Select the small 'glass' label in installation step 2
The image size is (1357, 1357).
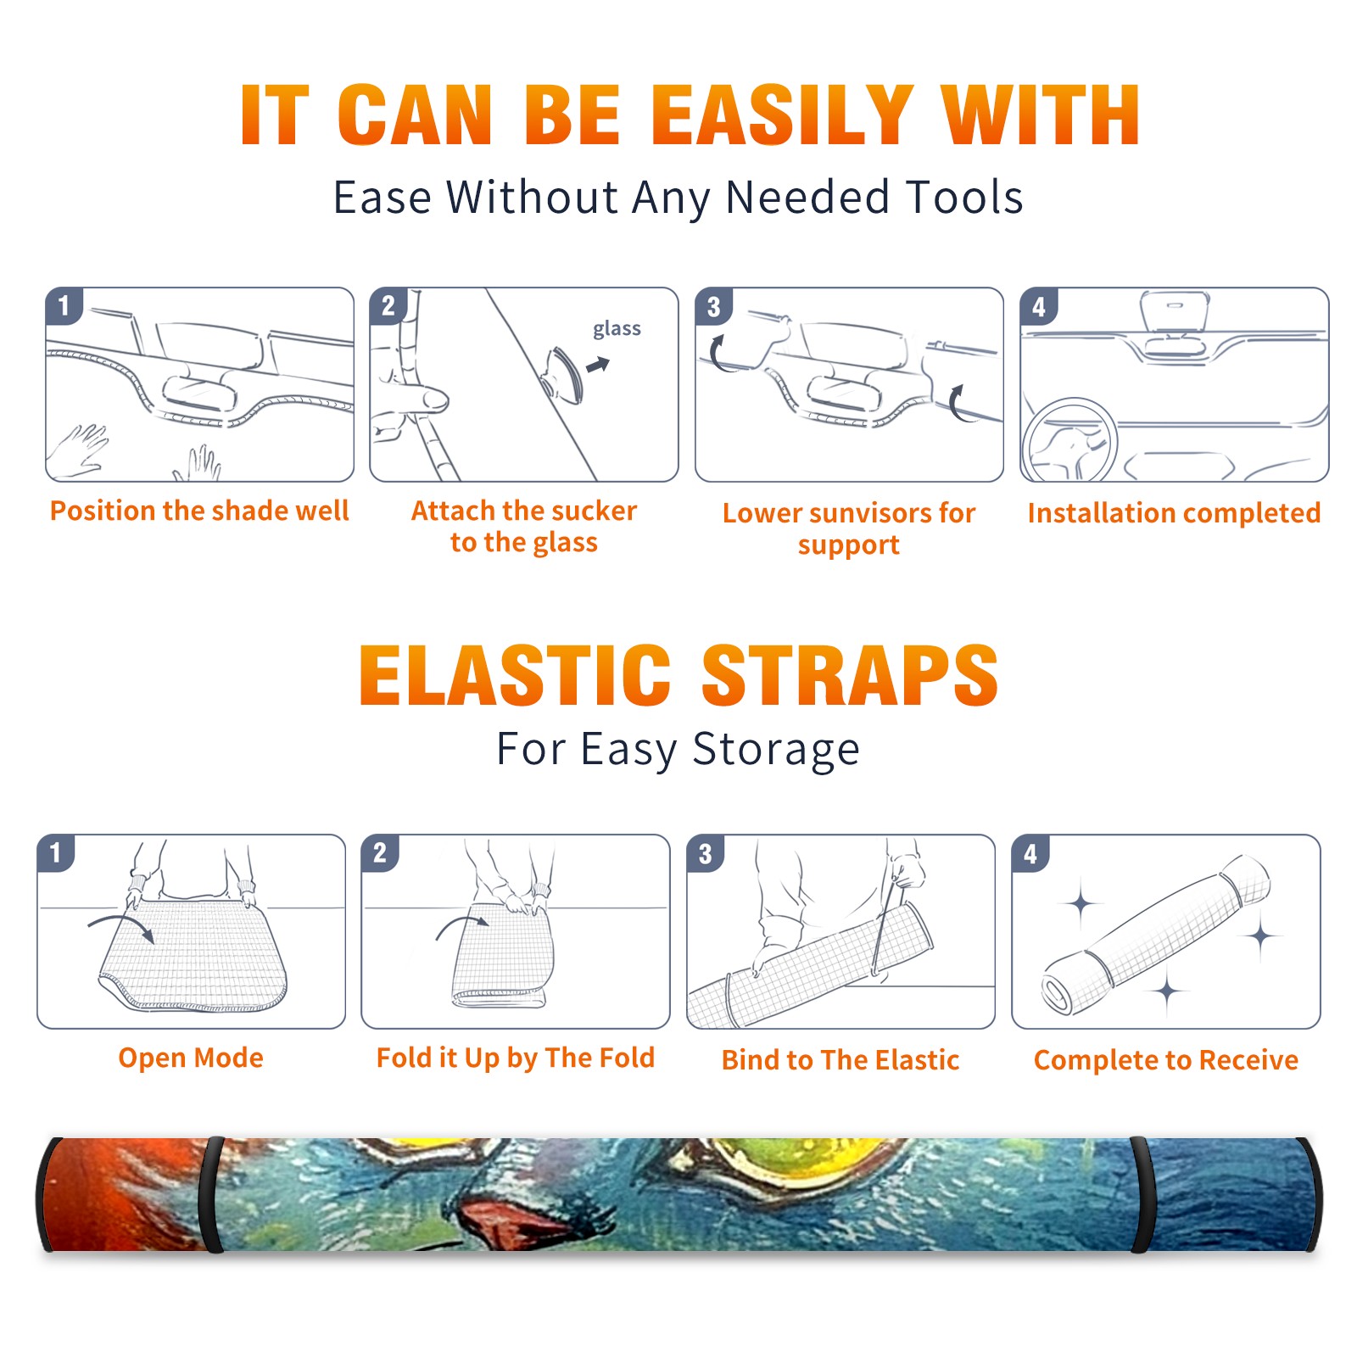tap(617, 329)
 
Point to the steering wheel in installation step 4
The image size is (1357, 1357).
tap(1069, 440)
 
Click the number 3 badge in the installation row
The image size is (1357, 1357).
tap(714, 306)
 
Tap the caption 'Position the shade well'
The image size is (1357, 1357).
tap(199, 511)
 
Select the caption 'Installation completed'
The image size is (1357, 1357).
tap(1174, 513)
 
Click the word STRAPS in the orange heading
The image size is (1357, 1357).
tap(850, 675)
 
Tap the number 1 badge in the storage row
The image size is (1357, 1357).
tap(56, 853)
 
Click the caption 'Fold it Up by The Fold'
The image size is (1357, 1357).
tap(516, 1058)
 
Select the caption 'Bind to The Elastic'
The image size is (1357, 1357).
tap(840, 1060)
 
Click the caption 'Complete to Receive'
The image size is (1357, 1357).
tap(1166, 1060)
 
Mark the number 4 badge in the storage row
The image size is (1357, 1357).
tap(1030, 853)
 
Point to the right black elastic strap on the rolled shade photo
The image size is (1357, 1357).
tap(1143, 1195)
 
